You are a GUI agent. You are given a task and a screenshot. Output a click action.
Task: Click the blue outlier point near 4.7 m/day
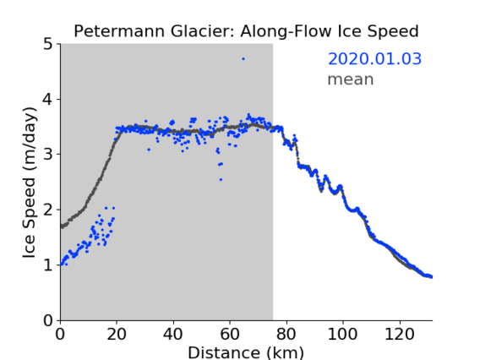[x=243, y=59]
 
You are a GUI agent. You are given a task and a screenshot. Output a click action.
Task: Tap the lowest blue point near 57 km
[x=221, y=180]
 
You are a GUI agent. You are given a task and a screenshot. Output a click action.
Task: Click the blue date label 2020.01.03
[x=374, y=59]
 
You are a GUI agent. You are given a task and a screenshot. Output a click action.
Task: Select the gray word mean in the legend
[x=351, y=79]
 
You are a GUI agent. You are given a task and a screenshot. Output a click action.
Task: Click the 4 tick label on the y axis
[x=48, y=99]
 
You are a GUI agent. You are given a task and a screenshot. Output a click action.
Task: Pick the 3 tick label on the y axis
[x=48, y=155]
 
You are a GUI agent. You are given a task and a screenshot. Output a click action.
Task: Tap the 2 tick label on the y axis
[x=48, y=210]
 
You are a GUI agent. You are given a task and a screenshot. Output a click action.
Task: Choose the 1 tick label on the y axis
[x=48, y=265]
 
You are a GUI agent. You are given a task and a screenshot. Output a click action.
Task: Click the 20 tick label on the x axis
[x=117, y=334]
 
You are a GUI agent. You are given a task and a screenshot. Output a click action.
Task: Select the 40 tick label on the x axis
[x=173, y=334]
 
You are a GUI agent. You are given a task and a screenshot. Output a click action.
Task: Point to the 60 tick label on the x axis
[x=230, y=334]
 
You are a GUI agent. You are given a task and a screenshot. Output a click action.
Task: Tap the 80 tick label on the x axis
[x=286, y=334]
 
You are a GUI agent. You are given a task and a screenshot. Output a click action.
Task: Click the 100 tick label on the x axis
[x=342, y=334]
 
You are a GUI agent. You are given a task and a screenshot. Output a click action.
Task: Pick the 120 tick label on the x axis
[x=400, y=334]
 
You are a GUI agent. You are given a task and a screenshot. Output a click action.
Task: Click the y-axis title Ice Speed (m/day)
[x=30, y=183]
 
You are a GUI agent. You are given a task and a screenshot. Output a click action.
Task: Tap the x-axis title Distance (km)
[x=246, y=353]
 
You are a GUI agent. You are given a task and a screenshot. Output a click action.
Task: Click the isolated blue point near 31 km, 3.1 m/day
[x=149, y=150]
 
